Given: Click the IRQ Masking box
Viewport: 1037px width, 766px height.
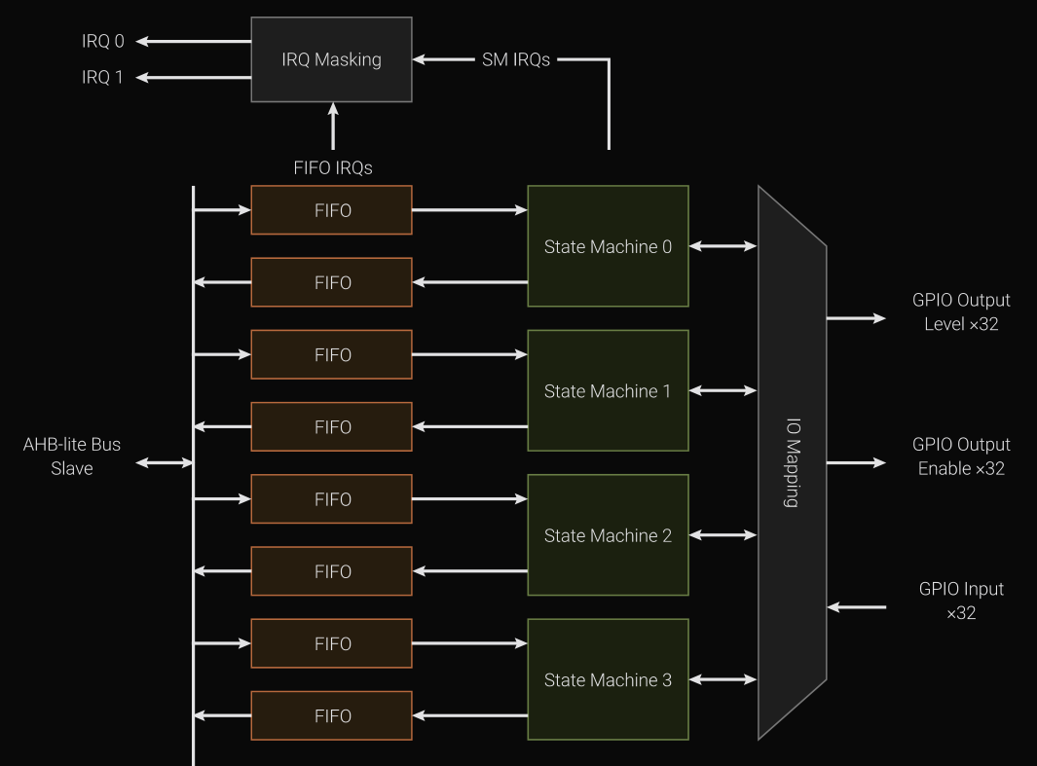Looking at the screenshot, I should coord(331,59).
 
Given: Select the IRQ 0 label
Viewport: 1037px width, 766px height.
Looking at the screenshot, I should coord(103,41).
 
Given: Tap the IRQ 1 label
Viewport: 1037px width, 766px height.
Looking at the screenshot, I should coord(103,77).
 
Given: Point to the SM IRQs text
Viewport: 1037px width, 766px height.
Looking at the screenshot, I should coord(516,59).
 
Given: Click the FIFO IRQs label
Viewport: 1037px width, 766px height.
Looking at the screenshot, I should coord(333,167).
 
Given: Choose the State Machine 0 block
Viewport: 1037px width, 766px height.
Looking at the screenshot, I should coord(608,246).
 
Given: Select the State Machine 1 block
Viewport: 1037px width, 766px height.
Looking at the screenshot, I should coord(608,390).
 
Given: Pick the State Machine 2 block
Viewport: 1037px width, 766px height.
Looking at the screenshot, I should coord(608,534).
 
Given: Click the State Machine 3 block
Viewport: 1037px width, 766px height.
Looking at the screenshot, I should coord(608,679).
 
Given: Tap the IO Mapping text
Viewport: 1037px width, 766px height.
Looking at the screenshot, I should coord(792,462).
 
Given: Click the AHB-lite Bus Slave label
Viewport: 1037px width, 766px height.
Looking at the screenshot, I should coord(72,456).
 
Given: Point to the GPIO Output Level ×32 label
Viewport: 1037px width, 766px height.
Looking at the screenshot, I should coord(961,311).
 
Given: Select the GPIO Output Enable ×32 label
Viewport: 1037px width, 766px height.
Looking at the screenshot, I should coord(961,456).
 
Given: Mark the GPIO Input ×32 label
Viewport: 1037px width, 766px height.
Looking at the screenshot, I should coord(961,601).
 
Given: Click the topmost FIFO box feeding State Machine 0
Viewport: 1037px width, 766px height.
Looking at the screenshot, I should coord(331,210).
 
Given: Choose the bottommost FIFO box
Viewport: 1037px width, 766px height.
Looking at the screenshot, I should coord(331,715).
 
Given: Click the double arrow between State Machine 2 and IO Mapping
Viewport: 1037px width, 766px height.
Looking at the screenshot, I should coord(722,534).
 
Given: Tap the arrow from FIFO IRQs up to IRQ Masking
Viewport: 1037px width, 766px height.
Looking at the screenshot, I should coord(333,127).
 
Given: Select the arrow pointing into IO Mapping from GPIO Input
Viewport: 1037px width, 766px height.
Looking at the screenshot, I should coord(857,607).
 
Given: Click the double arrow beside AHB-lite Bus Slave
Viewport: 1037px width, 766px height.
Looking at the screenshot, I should coord(165,463).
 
